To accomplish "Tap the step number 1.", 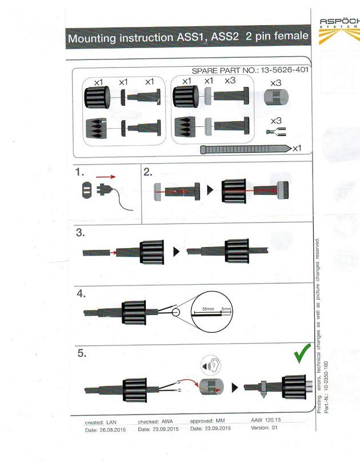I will pos(81,171).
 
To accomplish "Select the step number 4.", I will pos(81,293).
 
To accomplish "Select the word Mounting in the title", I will pos(93,39).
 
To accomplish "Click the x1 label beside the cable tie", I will pos(297,149).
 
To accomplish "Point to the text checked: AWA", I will pos(155,421).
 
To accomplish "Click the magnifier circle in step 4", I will pos(213,311).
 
